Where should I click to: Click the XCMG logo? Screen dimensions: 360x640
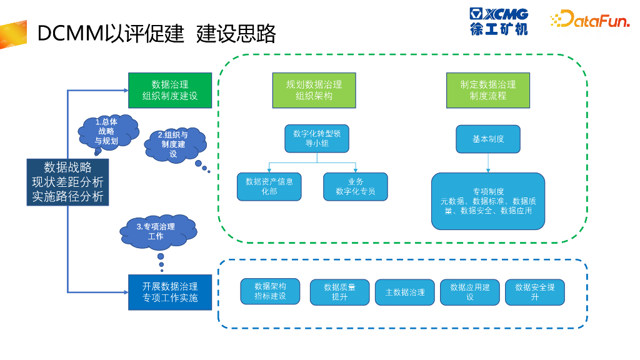coord(499,21)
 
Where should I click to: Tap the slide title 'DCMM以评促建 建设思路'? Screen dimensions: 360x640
coord(156,34)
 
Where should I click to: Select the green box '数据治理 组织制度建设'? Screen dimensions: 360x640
coord(170,90)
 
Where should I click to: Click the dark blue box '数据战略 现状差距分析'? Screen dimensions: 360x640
coord(67,182)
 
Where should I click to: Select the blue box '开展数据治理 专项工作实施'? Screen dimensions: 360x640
coord(170,292)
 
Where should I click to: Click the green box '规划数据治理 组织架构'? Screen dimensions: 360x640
coord(314,90)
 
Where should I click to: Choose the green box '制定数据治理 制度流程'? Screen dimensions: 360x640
coord(488,90)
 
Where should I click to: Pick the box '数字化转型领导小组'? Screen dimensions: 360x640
coord(316,139)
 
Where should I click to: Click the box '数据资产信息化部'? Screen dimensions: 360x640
coord(269,186)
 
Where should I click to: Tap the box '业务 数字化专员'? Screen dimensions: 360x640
coord(356,186)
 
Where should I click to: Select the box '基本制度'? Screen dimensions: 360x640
coord(488,139)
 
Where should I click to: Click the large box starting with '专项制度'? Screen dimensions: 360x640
coord(488,201)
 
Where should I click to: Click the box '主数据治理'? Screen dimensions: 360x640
coord(405,292)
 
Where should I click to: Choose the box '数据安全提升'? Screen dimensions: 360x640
coord(534,292)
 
